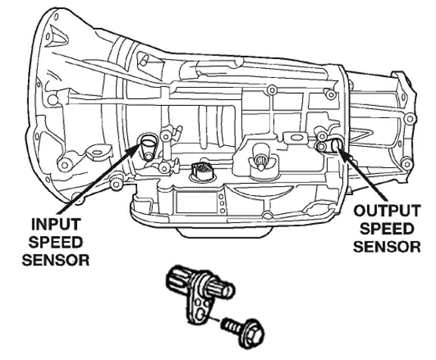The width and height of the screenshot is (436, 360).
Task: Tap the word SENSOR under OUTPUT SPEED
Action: [388, 246]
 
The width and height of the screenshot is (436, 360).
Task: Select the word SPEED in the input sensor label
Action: [56, 242]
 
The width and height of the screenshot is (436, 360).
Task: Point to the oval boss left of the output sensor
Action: [291, 135]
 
